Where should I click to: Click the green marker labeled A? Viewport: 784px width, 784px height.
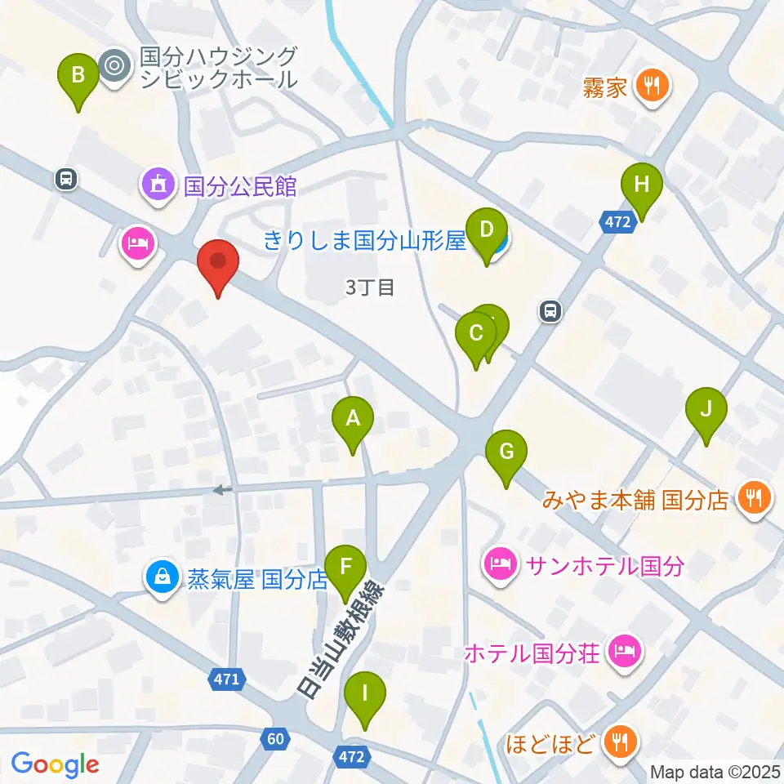[353, 419]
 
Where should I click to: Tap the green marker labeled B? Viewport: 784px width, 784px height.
[78, 76]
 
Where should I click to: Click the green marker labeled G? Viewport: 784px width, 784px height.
[506, 452]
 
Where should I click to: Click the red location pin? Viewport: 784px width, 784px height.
[218, 263]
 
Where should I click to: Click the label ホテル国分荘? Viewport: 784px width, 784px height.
[532, 653]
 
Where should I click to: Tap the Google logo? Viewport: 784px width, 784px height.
[56, 764]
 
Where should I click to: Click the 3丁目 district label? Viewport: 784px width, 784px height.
[370, 287]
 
